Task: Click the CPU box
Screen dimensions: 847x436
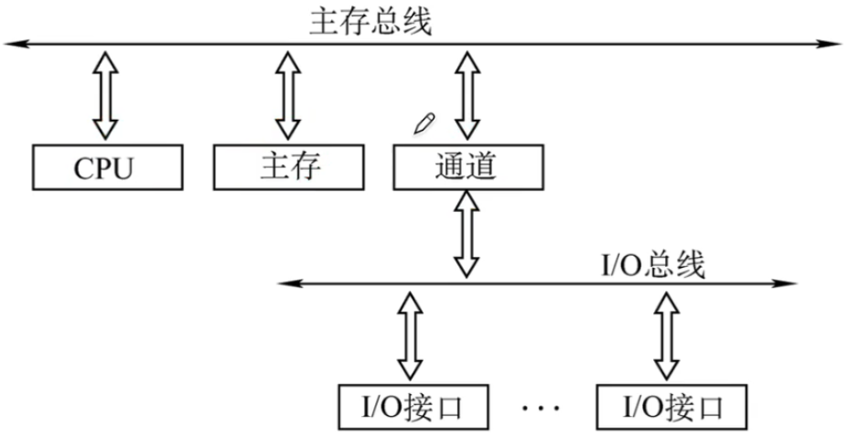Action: (x=108, y=167)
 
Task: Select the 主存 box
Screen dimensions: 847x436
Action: (x=288, y=167)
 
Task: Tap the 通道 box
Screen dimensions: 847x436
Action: (x=468, y=167)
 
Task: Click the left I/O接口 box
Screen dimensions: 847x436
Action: (x=413, y=407)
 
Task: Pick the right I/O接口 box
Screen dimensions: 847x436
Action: (x=672, y=407)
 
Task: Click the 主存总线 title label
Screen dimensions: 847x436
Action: (x=370, y=23)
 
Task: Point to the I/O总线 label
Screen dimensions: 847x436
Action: (x=653, y=265)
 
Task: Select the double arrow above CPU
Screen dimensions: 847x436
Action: (x=105, y=95)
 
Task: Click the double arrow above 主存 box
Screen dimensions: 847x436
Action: (x=288, y=95)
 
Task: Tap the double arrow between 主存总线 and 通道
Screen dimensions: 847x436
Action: (x=467, y=95)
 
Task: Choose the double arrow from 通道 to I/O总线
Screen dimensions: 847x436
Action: (x=466, y=234)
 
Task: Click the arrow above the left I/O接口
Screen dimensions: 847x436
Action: (x=410, y=335)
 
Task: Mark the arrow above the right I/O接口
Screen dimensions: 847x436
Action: (x=666, y=335)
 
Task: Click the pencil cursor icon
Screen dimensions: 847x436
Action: (x=424, y=123)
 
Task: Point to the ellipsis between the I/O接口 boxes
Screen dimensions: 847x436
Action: (x=541, y=408)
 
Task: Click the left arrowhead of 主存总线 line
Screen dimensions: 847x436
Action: (x=16, y=44)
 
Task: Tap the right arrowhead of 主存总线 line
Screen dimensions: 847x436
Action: (x=830, y=44)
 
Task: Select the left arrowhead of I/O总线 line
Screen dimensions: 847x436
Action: (x=290, y=283)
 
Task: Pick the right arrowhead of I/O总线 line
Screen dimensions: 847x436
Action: (x=784, y=283)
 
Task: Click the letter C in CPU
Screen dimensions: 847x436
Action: (x=84, y=169)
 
